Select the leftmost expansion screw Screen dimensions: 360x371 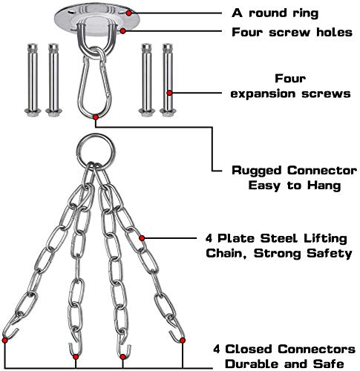tap(33, 79)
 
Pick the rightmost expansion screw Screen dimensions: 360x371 tap(168, 79)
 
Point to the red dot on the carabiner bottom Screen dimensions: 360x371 tap(96, 117)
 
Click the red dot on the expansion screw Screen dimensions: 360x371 tap(169, 93)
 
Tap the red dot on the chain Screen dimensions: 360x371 tap(142, 238)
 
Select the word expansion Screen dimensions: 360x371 tap(264, 94)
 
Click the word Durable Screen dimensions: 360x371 tap(252, 364)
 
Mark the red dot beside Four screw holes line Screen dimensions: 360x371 tap(123, 31)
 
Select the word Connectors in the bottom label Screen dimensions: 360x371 tap(316, 349)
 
